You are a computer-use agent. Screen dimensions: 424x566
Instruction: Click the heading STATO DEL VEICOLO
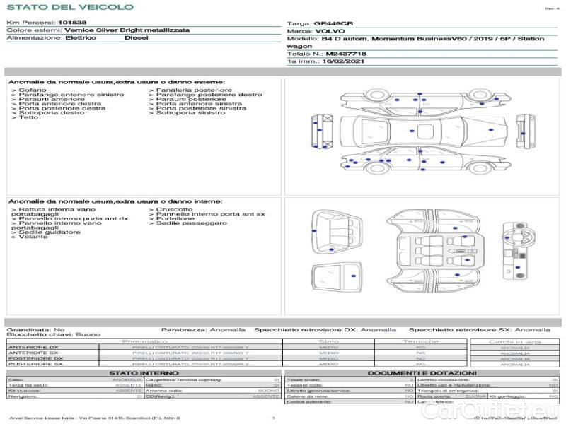(69, 8)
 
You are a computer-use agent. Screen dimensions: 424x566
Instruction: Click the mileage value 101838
(72, 23)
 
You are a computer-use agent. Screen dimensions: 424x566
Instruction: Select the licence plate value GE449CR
(333, 23)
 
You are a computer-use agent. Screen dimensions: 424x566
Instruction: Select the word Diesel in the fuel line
(137, 38)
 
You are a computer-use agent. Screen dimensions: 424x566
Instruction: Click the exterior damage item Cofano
(33, 90)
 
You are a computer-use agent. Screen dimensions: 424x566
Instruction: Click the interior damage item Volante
(33, 237)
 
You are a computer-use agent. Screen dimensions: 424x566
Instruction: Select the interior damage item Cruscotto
(174, 210)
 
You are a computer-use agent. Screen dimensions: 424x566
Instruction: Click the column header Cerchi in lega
(514, 341)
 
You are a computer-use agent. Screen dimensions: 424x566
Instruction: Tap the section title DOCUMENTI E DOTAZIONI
(422, 372)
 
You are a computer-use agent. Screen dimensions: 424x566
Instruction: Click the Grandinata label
(28, 330)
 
